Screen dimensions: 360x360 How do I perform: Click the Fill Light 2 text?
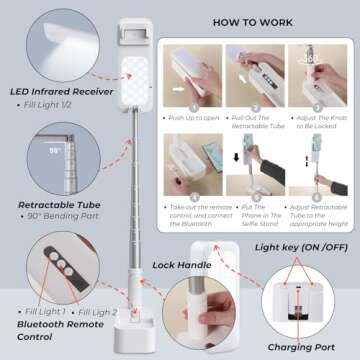98,313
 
